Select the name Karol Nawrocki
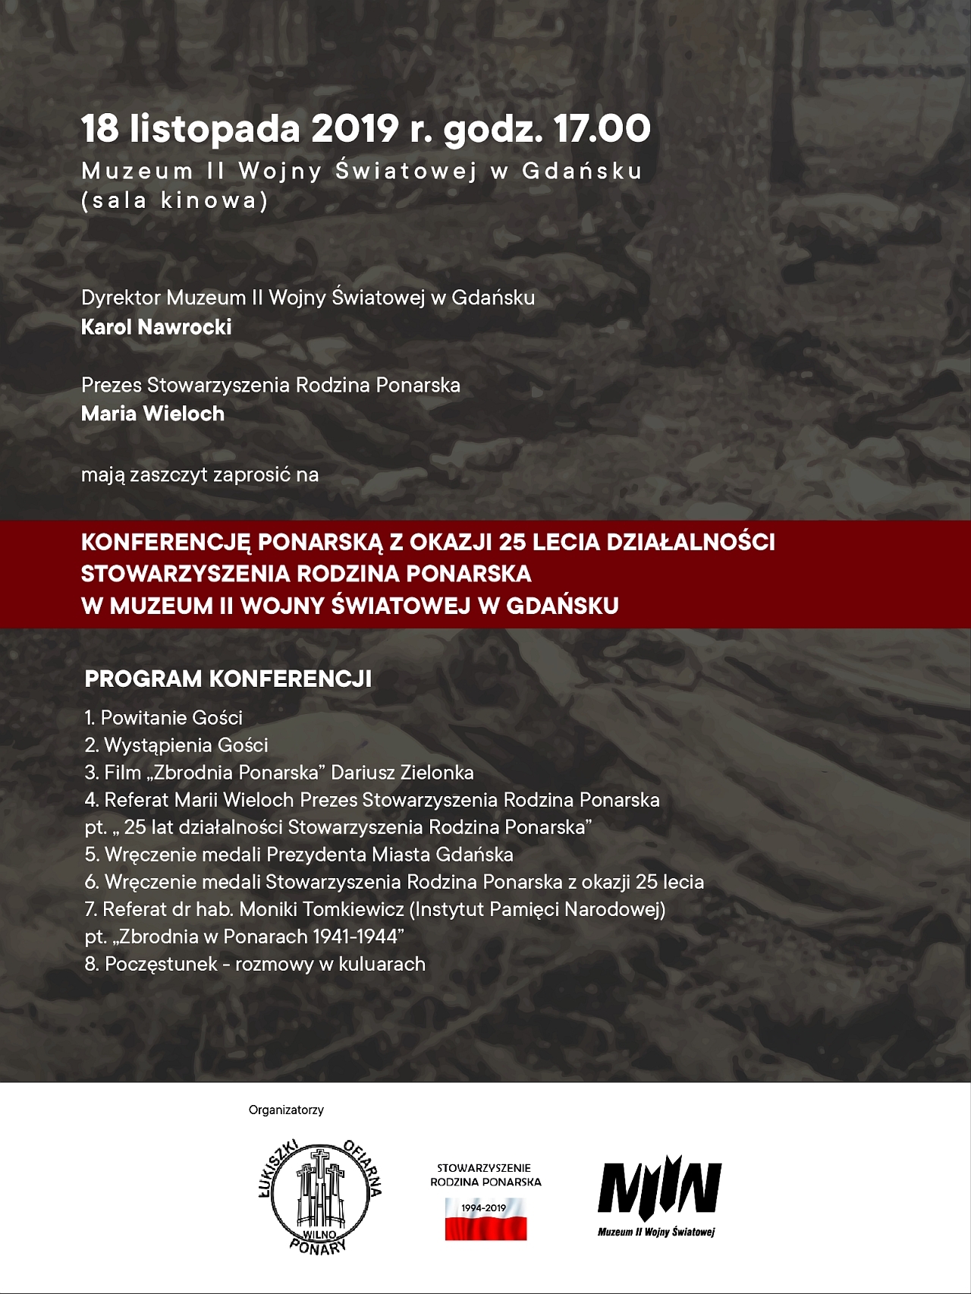click(156, 327)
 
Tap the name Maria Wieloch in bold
click(152, 414)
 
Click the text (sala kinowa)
click(174, 200)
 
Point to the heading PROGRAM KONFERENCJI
click(228, 678)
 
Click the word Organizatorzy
click(286, 1110)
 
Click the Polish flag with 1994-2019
click(485, 1218)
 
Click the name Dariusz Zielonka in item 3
click(402, 773)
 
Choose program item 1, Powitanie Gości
click(164, 718)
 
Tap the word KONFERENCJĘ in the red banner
click(165, 543)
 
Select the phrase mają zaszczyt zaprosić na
click(200, 475)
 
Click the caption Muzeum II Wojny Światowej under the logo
click(656, 1232)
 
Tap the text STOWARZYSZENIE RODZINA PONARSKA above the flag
click(485, 1174)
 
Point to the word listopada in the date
click(215, 129)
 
